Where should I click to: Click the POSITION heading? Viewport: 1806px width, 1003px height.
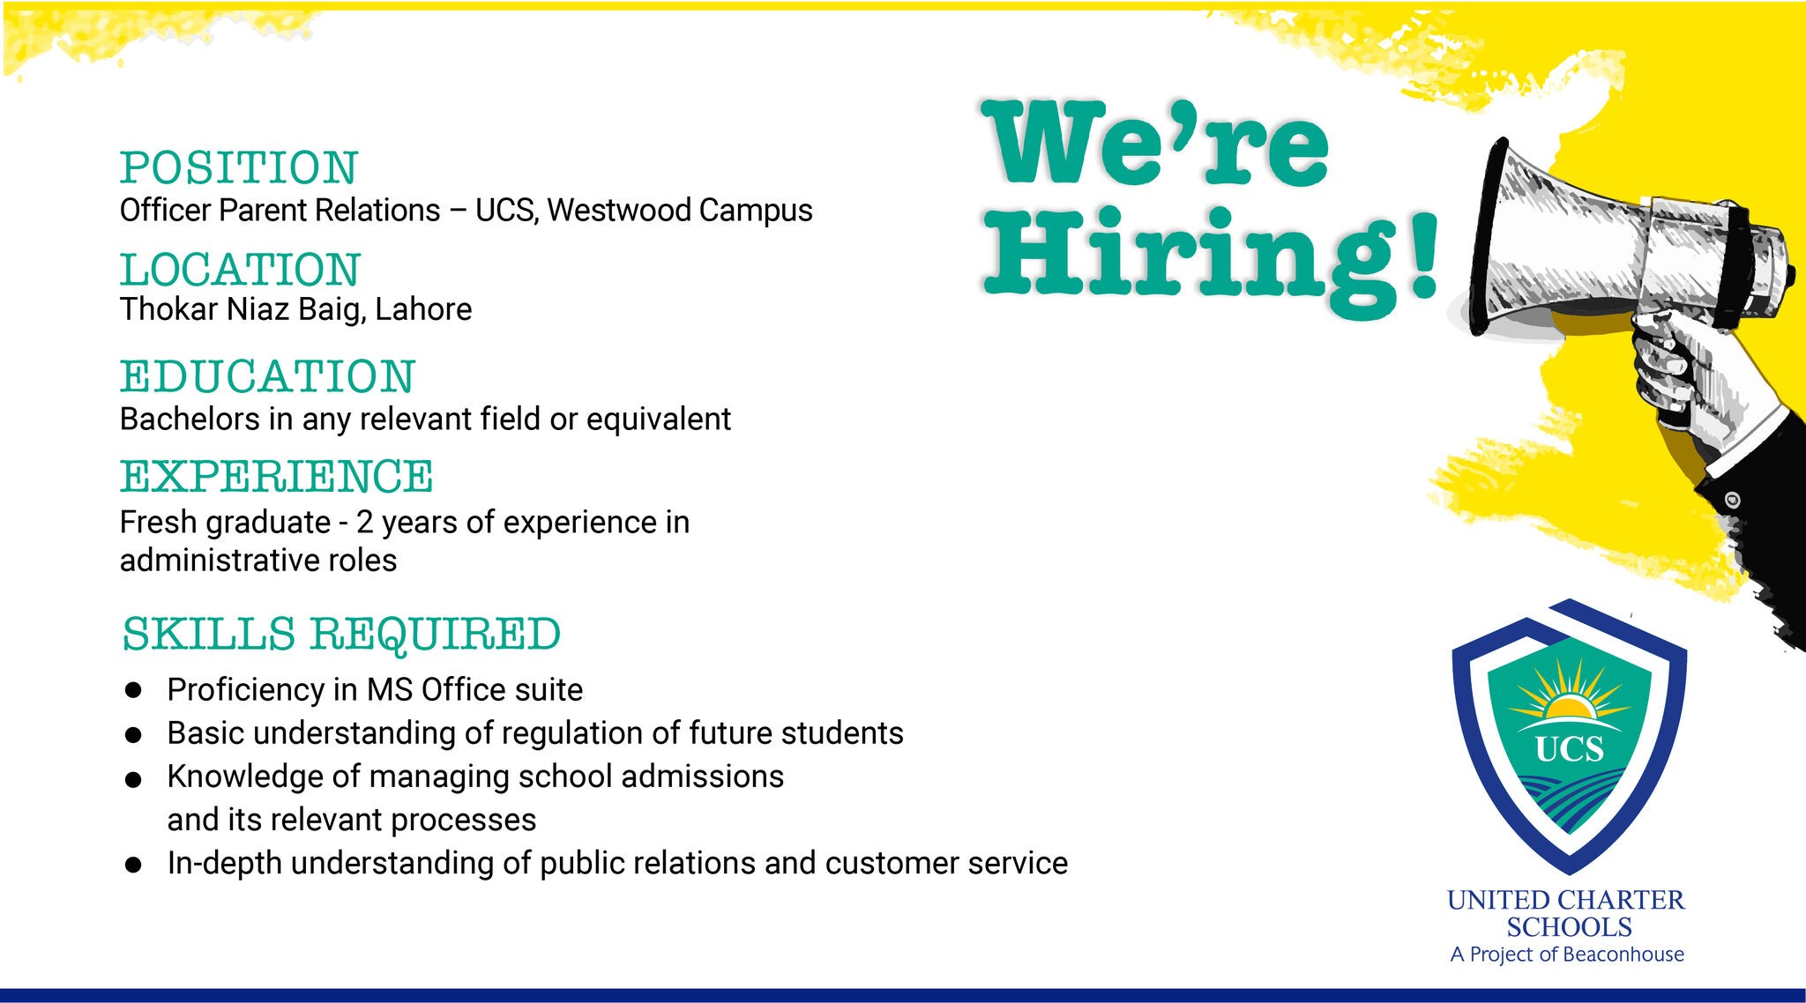click(239, 167)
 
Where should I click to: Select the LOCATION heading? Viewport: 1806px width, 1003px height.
click(240, 270)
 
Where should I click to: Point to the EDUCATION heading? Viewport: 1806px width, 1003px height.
click(267, 376)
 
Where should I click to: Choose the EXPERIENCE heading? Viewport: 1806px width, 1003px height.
click(276, 477)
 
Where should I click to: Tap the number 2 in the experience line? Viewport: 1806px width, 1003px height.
click(364, 523)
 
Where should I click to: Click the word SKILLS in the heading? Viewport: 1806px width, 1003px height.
click(209, 634)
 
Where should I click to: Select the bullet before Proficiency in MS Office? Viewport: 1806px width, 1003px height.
click(133, 690)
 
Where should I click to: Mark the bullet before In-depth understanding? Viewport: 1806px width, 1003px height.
click(133, 865)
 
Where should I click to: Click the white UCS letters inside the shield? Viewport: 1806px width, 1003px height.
click(1569, 749)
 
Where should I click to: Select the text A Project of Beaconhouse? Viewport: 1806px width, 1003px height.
click(1567, 955)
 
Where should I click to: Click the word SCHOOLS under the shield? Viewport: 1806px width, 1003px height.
click(1569, 927)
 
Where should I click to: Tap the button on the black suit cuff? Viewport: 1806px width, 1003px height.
click(1732, 500)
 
